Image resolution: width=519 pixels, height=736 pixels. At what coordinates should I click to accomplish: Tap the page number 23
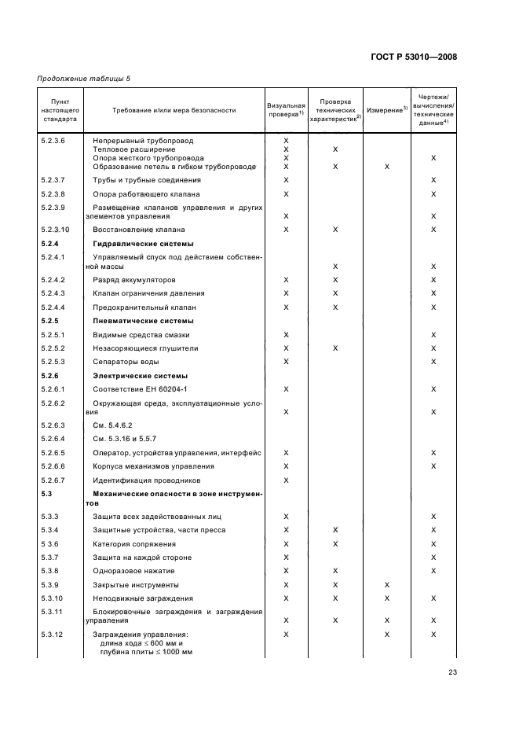tap(452, 672)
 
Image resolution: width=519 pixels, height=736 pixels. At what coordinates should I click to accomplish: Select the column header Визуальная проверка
tap(286, 109)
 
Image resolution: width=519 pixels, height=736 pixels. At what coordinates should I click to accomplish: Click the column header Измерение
tap(387, 109)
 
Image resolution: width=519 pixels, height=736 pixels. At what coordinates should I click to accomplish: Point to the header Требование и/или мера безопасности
tap(174, 110)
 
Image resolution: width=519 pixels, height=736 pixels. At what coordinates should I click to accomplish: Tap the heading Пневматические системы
tap(144, 321)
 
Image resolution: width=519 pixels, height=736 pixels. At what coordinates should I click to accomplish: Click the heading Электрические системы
tap(141, 376)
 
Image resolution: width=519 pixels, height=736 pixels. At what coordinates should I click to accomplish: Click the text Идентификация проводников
tap(147, 480)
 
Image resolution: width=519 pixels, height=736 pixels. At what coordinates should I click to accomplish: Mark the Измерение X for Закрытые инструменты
tap(387, 585)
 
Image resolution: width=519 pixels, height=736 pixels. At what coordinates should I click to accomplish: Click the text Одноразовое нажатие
tap(133, 571)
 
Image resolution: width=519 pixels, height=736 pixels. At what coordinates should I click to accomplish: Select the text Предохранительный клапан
tap(144, 307)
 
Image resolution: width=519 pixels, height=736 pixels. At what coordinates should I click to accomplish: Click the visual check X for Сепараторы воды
tap(286, 362)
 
